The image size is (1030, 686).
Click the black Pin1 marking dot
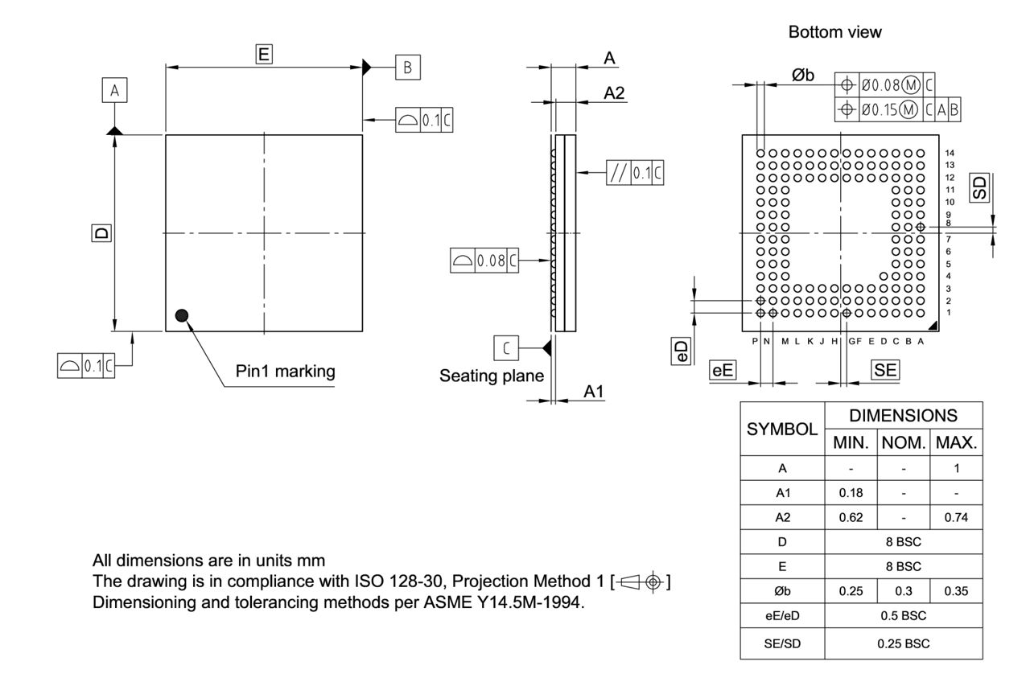click(x=183, y=315)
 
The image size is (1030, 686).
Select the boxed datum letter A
click(x=114, y=92)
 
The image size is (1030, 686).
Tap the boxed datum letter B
click(x=407, y=68)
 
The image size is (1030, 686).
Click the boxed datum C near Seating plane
click(x=505, y=348)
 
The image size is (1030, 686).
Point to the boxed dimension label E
click(x=263, y=55)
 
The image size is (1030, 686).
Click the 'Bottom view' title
click(x=834, y=32)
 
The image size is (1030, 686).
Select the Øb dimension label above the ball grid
click(x=802, y=75)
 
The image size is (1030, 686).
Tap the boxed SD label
click(x=979, y=189)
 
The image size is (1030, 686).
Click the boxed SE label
click(x=885, y=370)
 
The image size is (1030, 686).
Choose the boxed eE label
click(x=723, y=370)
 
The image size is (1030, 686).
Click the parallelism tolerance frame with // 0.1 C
click(x=635, y=173)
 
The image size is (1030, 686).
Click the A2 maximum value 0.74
click(x=955, y=517)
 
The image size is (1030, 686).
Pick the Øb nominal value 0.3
click(x=904, y=592)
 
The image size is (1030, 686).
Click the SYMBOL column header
click(x=782, y=429)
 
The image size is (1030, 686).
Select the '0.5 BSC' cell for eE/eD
click(x=904, y=617)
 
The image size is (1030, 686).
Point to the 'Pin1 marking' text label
click(x=285, y=372)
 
